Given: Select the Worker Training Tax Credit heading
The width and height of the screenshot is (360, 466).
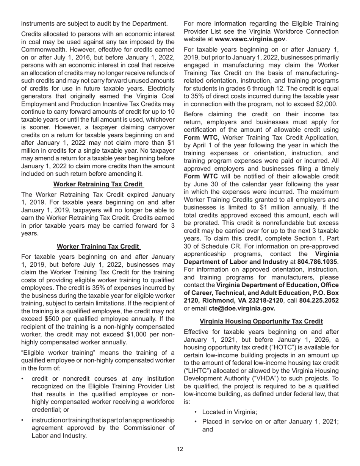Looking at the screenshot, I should tap(98, 247).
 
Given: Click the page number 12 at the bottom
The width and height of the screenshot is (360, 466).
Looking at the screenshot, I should tap(180, 449).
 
